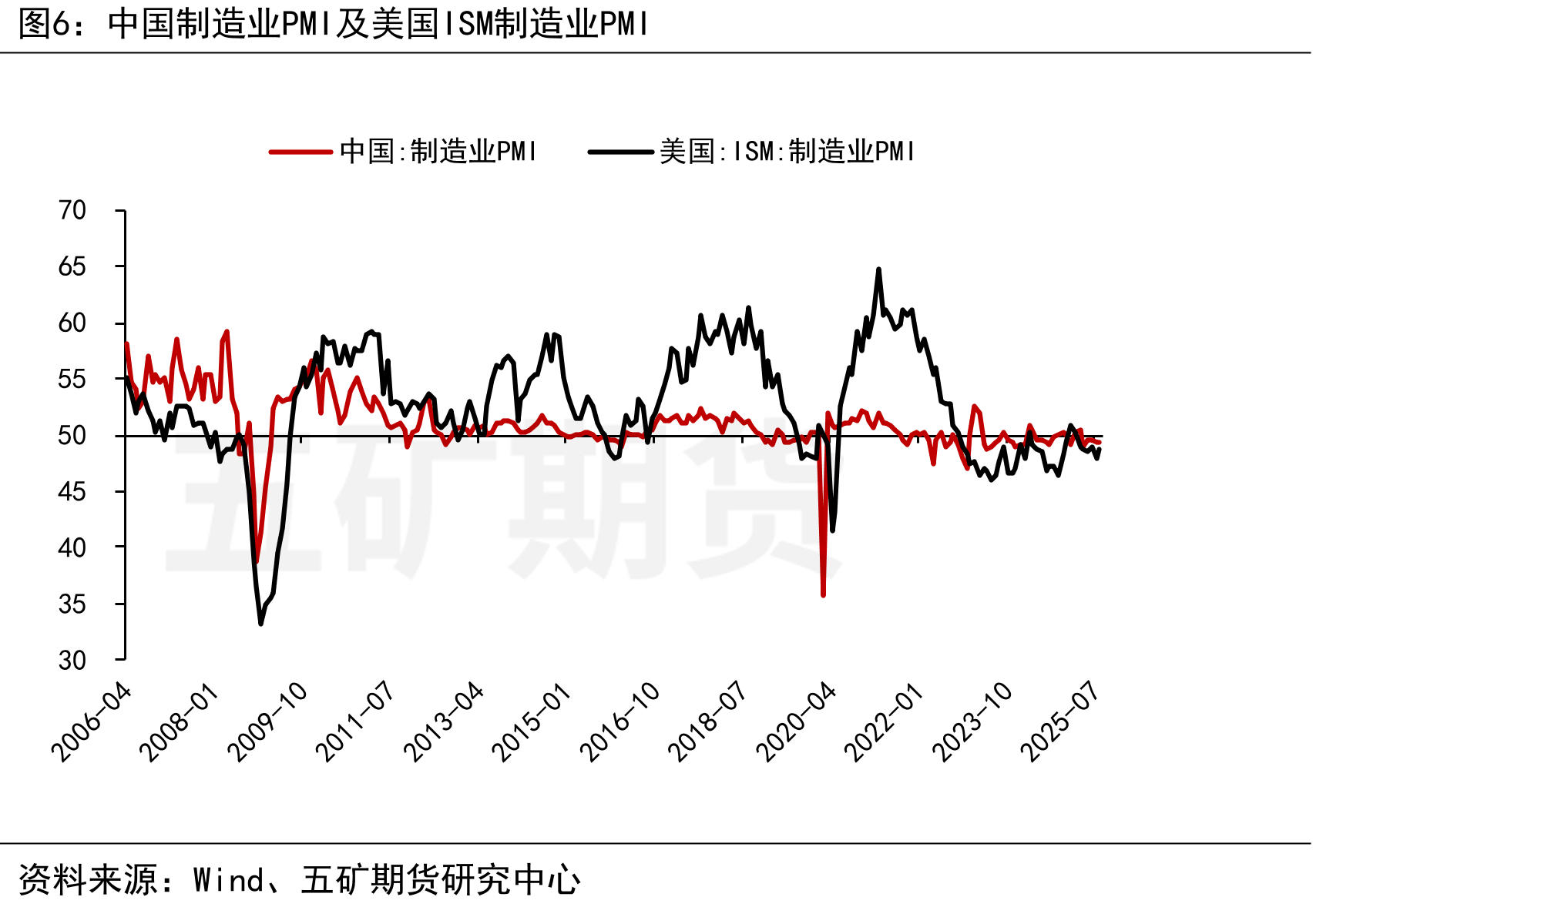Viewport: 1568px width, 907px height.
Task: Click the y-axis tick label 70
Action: tap(72, 210)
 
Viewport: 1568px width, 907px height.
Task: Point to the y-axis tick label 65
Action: tap(72, 266)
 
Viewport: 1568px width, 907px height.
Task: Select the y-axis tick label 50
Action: tap(72, 435)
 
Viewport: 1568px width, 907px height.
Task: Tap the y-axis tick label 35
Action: tap(72, 604)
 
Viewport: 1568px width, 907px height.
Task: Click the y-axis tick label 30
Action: tap(72, 660)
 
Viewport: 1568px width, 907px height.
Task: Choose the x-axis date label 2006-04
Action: tap(91, 722)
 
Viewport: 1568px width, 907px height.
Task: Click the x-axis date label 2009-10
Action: tap(267, 722)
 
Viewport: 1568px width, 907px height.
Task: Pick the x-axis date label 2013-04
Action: tap(444, 722)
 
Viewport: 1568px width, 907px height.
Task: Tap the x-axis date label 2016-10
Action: tap(619, 722)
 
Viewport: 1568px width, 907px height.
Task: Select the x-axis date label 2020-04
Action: tap(796, 722)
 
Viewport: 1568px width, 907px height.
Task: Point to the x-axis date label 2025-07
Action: tap(1059, 722)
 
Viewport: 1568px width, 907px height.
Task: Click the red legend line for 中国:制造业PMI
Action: tap(301, 152)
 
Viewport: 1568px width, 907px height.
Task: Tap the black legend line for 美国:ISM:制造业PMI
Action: tap(620, 152)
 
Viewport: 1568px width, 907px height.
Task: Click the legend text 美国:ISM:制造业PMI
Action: tap(787, 152)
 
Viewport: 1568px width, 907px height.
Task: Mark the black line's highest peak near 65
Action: tap(878, 269)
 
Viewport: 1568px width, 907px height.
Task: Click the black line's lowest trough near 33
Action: tap(261, 623)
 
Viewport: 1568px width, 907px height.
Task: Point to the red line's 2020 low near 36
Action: tap(824, 594)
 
